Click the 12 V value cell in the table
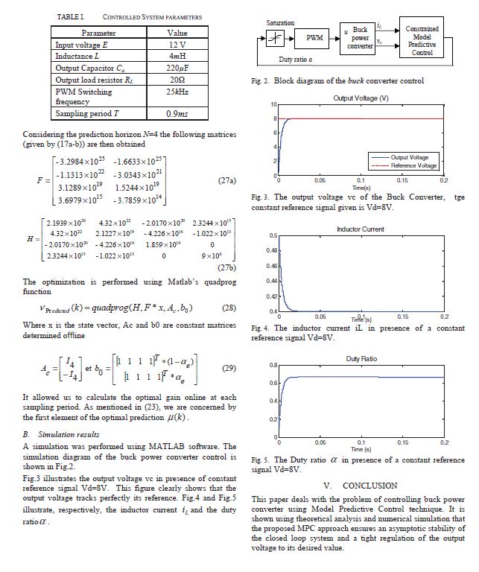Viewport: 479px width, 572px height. [x=177, y=45]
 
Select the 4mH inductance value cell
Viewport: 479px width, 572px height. [x=177, y=56]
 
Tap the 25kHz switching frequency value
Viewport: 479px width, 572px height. [x=177, y=91]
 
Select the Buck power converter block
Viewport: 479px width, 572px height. [x=360, y=37]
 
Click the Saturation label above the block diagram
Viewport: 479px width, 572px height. [x=280, y=23]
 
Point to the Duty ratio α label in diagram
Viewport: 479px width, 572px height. [x=295, y=59]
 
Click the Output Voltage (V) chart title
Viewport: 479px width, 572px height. [x=361, y=98]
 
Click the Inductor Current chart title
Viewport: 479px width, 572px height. [x=361, y=229]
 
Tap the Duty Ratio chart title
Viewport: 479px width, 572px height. [x=361, y=359]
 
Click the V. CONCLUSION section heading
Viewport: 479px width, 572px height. [x=360, y=486]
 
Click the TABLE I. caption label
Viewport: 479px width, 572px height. [x=71, y=16]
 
